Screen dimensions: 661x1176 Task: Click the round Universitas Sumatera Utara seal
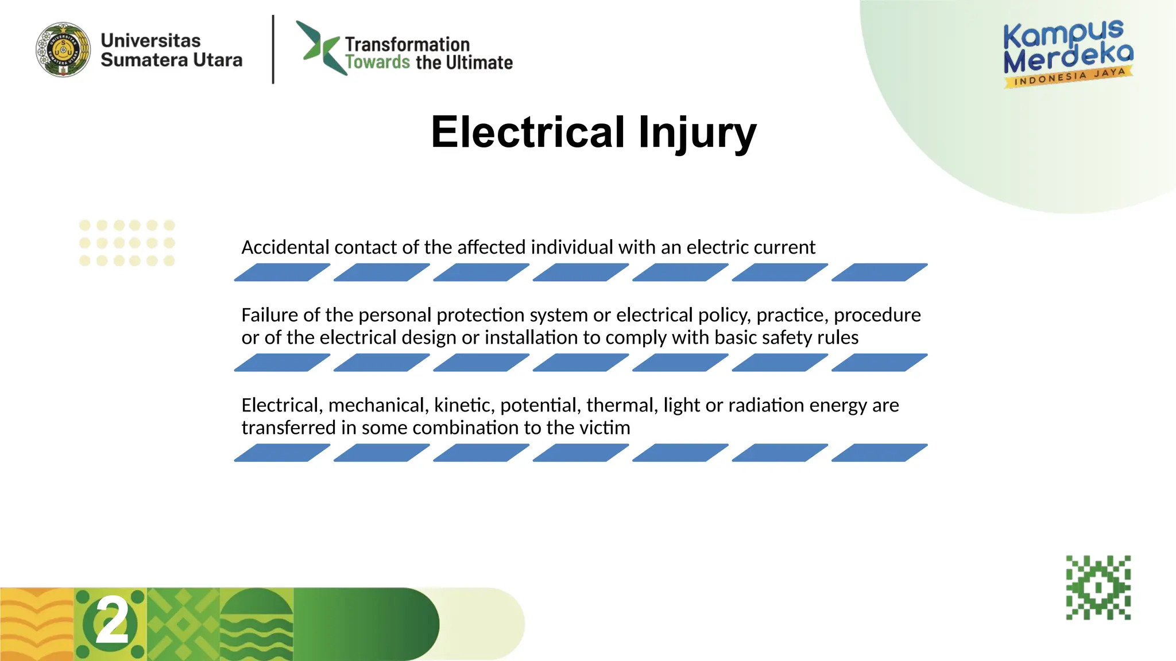coord(63,50)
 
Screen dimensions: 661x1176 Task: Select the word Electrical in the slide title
coord(528,132)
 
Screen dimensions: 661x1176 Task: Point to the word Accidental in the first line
coord(285,247)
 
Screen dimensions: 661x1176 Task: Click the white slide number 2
coord(112,621)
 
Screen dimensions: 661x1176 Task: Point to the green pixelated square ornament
coord(1098,587)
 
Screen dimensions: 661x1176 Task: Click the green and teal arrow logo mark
coord(318,48)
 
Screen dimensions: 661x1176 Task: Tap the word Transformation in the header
coord(407,44)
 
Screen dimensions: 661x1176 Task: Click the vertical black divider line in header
coord(273,50)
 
